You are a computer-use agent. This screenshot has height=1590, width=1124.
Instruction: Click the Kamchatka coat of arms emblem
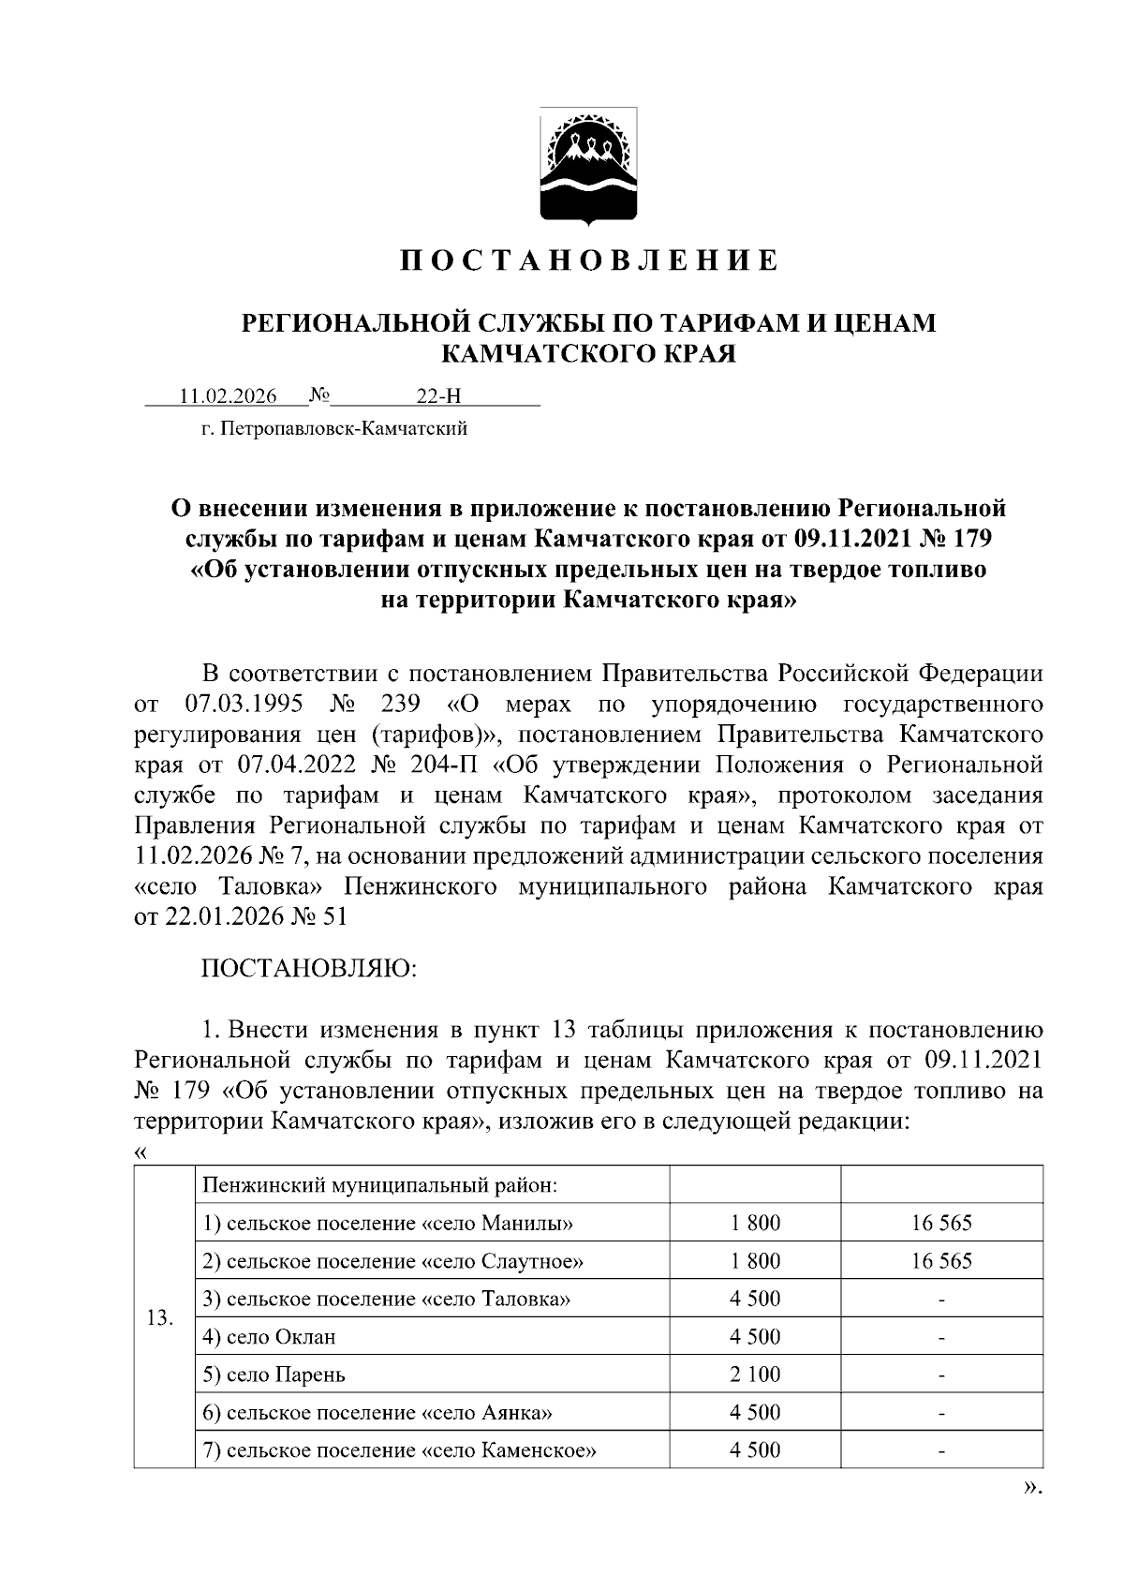click(x=589, y=168)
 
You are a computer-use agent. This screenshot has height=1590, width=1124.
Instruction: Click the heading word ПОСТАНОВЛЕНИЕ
click(x=589, y=260)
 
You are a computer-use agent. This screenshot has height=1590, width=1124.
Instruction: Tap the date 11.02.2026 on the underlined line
click(x=229, y=396)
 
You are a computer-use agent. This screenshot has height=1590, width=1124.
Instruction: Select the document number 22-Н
click(x=438, y=396)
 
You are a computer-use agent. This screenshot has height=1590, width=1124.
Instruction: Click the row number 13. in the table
click(x=161, y=1318)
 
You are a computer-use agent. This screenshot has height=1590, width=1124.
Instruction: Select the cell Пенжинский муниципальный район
click(x=380, y=1185)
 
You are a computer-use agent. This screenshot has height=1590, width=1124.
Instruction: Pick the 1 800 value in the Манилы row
click(x=755, y=1223)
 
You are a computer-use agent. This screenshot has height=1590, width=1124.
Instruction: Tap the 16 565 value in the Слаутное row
click(x=941, y=1261)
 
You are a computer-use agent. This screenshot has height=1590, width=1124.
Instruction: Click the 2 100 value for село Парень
click(x=755, y=1375)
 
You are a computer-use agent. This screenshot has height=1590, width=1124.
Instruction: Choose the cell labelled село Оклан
click(x=269, y=1337)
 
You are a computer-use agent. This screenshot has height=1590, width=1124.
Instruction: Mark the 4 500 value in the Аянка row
click(x=755, y=1413)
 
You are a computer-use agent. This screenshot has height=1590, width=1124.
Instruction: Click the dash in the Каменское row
click(x=941, y=1451)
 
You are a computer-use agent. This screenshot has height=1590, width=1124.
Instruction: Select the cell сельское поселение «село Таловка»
click(x=386, y=1299)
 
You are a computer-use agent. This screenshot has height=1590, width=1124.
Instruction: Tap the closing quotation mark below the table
click(x=1031, y=1487)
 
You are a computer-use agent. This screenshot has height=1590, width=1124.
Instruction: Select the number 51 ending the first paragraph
click(x=334, y=916)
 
